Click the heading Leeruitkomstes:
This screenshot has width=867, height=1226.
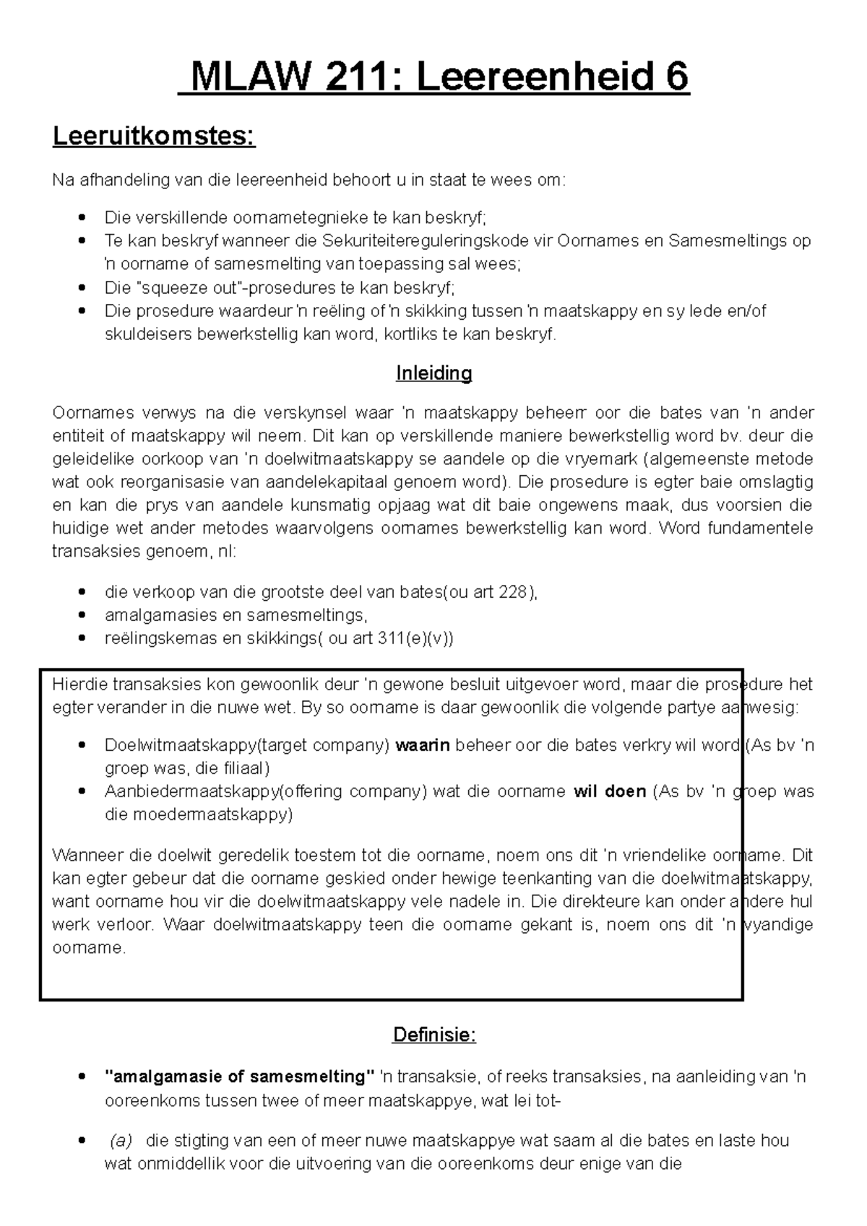tap(154, 136)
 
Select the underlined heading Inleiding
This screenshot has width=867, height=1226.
tap(433, 373)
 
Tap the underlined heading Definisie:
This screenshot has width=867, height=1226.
tap(433, 1035)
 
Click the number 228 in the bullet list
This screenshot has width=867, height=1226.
tap(514, 592)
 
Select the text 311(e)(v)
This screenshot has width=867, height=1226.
tap(412, 638)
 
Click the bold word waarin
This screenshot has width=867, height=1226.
tap(423, 745)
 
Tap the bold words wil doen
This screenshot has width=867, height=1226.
tap(609, 791)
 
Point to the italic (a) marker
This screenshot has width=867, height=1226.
tap(121, 1141)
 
